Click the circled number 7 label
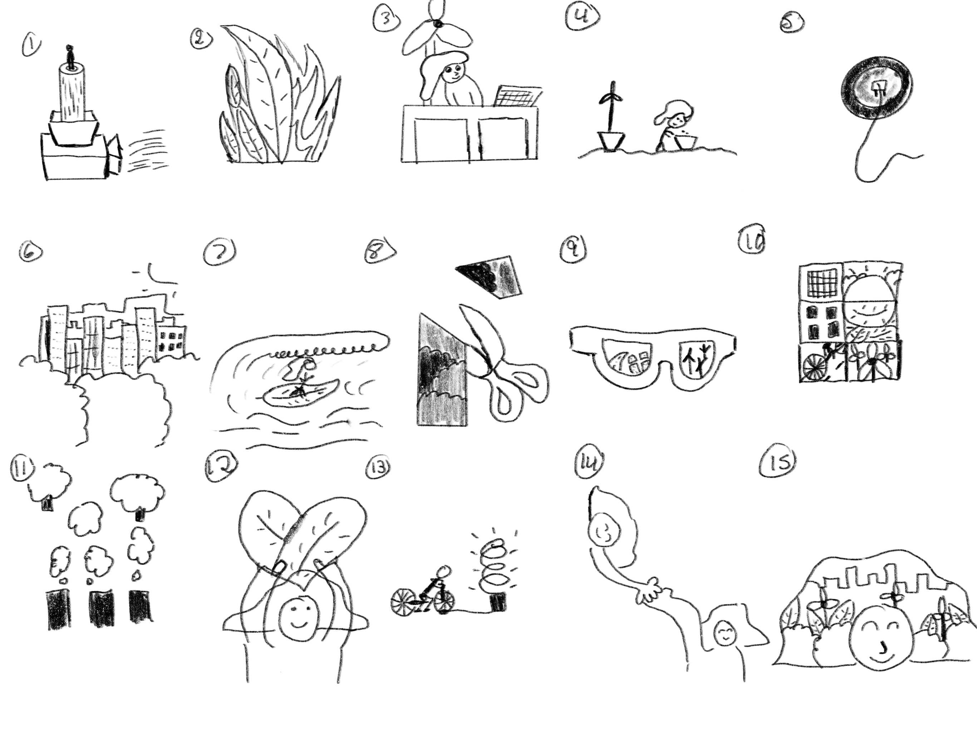[x=220, y=252]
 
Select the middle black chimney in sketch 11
[x=102, y=610]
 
